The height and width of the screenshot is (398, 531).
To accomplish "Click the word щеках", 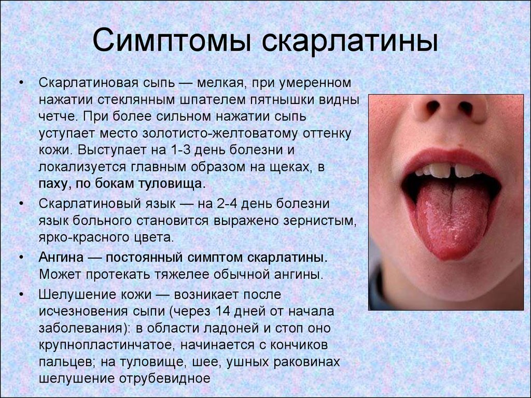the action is coord(290,167).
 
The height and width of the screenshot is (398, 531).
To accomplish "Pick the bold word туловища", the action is coord(172,184).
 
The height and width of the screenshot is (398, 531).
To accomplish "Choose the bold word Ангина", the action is coord(61,257).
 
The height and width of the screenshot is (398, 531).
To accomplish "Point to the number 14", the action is coord(222,311).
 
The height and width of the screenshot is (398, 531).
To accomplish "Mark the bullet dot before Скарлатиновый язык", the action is coord(21,204).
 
